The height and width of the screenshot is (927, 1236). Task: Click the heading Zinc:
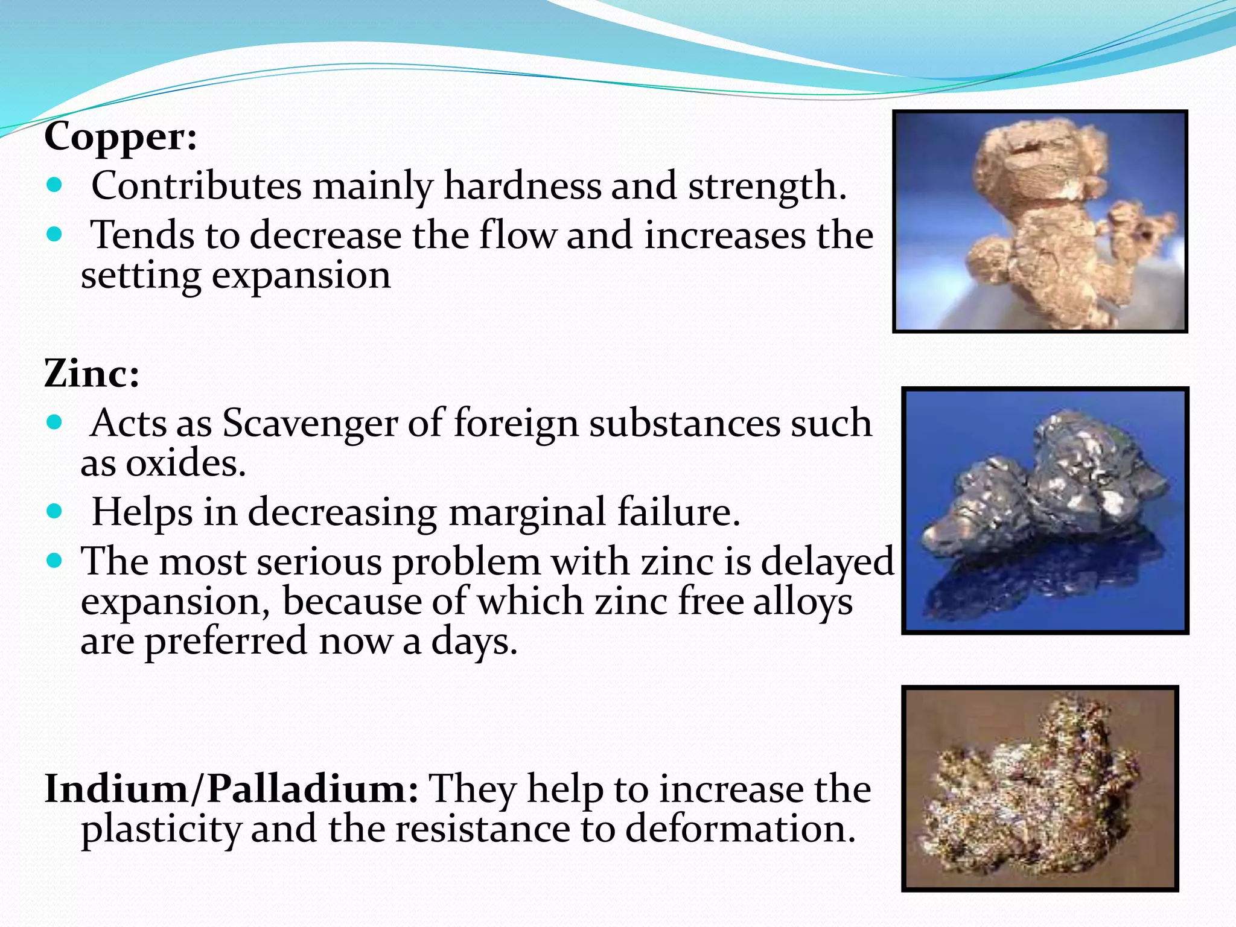[92, 374]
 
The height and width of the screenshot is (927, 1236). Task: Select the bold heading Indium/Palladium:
[231, 789]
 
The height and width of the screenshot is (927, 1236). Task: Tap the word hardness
[522, 186]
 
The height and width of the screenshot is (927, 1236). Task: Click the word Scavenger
[310, 424]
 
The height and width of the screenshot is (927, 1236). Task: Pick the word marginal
[527, 513]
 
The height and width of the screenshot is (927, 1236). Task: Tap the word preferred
[226, 642]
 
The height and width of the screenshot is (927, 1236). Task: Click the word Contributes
[196, 186]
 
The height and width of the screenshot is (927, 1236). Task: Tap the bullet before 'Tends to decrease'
[54, 234]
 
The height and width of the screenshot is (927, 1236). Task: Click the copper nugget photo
[1040, 221]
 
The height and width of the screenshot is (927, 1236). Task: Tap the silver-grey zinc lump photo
[1045, 511]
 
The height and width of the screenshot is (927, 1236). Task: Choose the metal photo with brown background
[1040, 789]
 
